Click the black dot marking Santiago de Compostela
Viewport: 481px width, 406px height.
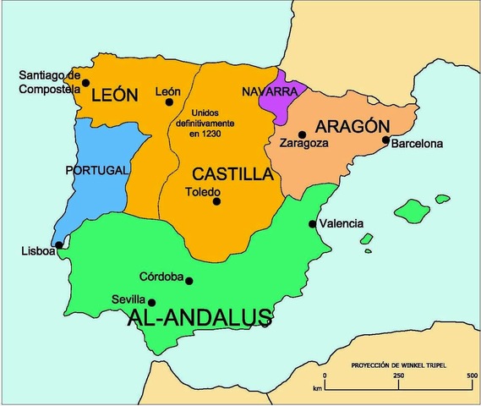pyautogui.click(x=86, y=83)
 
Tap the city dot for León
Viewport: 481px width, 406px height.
pyautogui.click(x=169, y=102)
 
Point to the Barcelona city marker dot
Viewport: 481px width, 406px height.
pyautogui.click(x=385, y=140)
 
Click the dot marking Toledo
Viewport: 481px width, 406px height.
pyautogui.click(x=216, y=201)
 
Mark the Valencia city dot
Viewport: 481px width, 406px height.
pyautogui.click(x=313, y=224)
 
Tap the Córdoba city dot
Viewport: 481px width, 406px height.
pyautogui.click(x=189, y=281)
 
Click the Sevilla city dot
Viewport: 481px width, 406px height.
pyautogui.click(x=152, y=302)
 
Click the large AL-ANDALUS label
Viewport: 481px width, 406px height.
pyautogui.click(x=199, y=318)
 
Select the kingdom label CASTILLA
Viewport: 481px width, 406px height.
pyautogui.click(x=232, y=174)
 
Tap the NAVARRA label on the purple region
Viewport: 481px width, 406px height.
pyautogui.click(x=267, y=91)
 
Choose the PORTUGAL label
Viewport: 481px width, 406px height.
pyautogui.click(x=96, y=170)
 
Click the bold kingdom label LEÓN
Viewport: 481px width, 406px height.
pyautogui.click(x=113, y=96)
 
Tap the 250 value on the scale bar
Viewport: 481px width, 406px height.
pyautogui.click(x=397, y=375)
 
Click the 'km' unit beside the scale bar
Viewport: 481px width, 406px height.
pyautogui.click(x=316, y=388)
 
